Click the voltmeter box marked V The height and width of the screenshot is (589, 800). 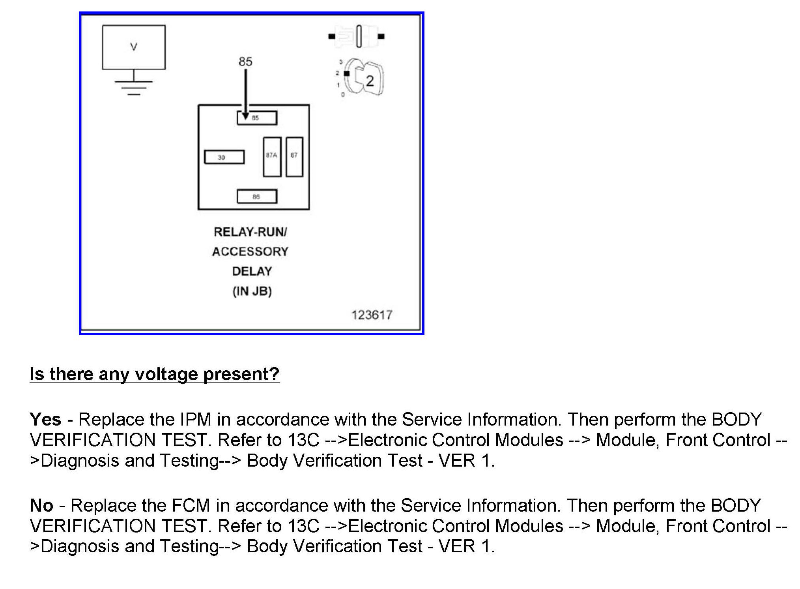tap(133, 47)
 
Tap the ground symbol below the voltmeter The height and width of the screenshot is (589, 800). tap(133, 87)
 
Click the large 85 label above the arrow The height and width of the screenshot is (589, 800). tap(245, 62)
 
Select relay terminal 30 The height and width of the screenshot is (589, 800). tap(224, 157)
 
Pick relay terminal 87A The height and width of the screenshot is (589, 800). tap(272, 157)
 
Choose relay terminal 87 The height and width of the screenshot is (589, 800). tap(294, 157)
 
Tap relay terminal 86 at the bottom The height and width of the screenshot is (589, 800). tap(257, 197)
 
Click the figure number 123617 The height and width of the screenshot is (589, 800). tap(372, 315)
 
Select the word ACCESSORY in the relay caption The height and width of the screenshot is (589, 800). tap(250, 251)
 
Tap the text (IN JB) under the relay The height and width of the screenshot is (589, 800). tap(252, 291)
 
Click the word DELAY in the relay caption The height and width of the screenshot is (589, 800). tap(252, 272)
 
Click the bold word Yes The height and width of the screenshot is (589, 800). tap(45, 419)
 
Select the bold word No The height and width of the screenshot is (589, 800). tap(41, 505)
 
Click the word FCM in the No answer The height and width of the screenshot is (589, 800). tap(191, 505)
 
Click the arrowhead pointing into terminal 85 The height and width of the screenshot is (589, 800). tap(245, 116)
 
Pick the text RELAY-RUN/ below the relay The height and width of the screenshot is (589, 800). tap(250, 232)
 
